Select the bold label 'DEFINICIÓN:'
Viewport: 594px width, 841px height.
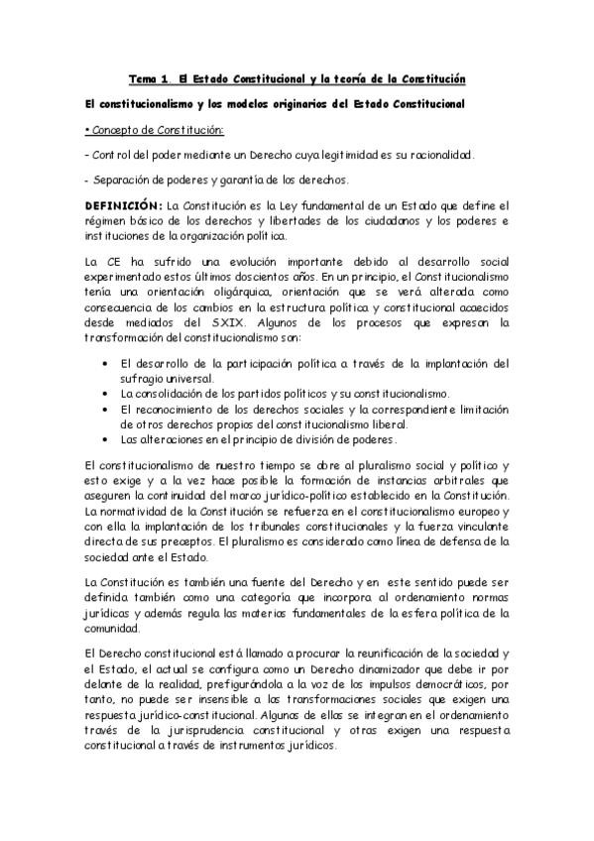pyautogui.click(x=123, y=204)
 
